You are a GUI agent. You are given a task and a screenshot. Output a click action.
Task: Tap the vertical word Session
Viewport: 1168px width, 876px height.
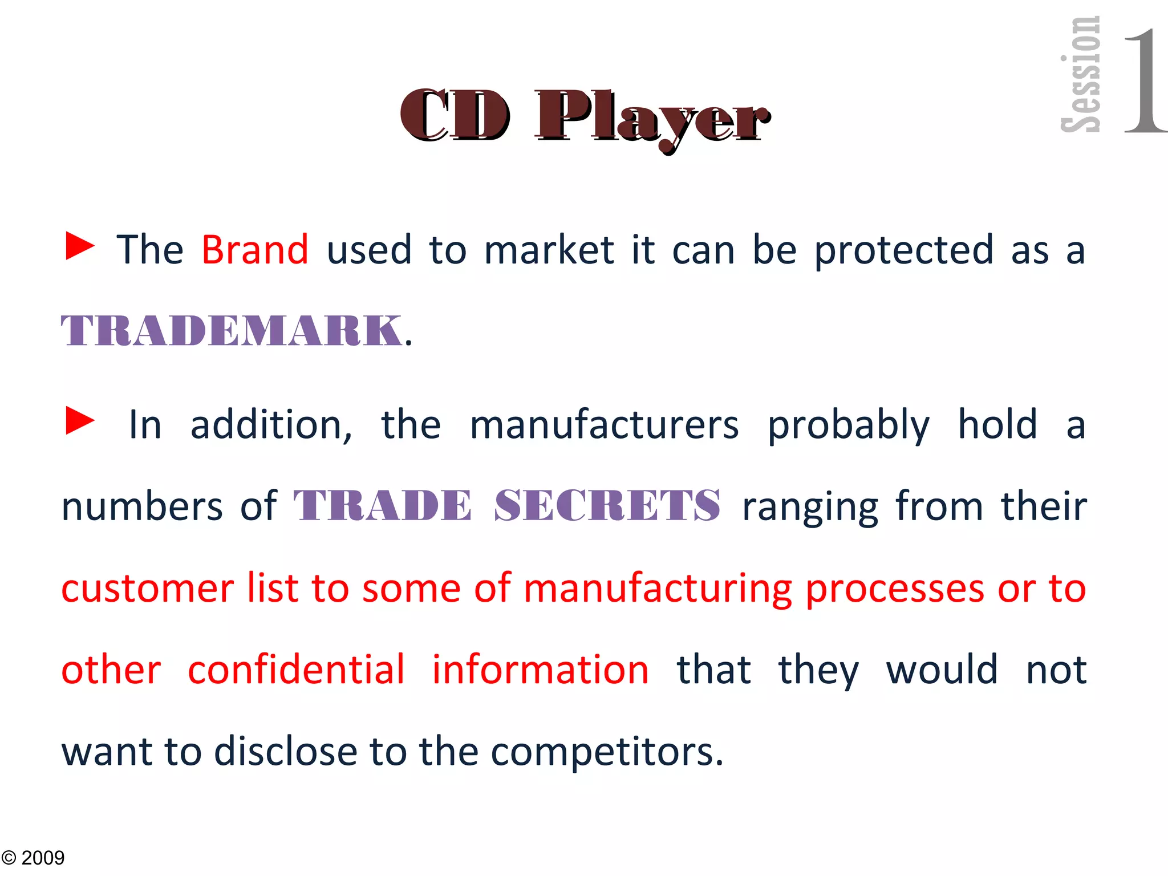(1080, 74)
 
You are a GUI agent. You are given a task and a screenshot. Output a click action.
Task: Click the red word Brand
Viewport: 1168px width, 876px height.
(255, 250)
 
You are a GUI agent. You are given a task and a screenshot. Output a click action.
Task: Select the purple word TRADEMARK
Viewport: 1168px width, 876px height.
(231, 331)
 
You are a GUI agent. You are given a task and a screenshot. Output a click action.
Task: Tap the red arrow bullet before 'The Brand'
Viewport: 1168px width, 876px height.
(80, 246)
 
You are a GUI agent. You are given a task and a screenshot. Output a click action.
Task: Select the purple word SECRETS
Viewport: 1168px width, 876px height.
(607, 506)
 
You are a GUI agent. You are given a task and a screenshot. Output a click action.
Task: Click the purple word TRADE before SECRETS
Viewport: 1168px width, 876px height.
(382, 506)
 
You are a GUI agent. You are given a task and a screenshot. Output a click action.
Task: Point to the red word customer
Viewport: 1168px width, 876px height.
(147, 588)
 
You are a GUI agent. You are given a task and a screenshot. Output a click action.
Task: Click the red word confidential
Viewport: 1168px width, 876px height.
(296, 670)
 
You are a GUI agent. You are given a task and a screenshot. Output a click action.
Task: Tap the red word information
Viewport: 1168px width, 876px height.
(540, 670)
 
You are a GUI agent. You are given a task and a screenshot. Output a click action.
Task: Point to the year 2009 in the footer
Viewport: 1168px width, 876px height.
(43, 858)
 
